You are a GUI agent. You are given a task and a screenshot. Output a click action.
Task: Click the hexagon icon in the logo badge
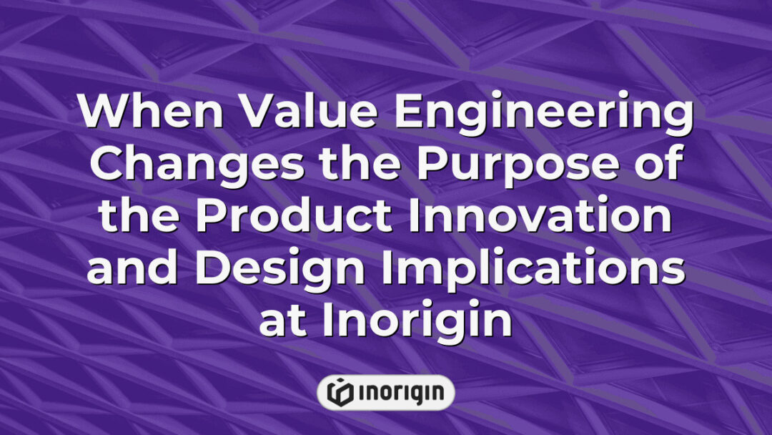pyautogui.click(x=339, y=393)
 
